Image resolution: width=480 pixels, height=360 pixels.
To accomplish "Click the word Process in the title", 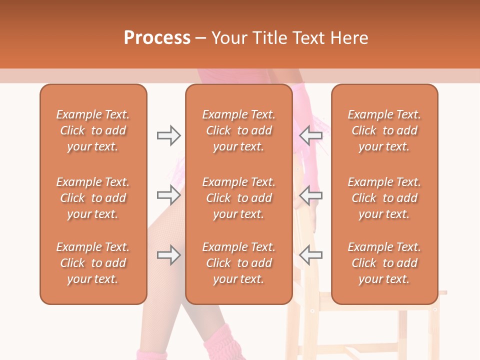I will (x=157, y=38).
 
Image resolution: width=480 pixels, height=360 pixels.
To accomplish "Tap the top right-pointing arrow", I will (x=168, y=135).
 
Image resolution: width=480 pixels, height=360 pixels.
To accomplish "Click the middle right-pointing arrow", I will (x=168, y=194).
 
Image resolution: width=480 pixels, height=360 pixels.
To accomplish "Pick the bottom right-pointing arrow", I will (x=168, y=255).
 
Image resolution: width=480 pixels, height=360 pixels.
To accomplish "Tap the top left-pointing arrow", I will (x=310, y=135).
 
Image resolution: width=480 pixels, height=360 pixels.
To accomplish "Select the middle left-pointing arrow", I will (x=310, y=194).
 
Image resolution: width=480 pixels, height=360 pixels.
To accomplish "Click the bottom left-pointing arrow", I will (x=310, y=255).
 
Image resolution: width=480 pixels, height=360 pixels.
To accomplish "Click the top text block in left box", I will (x=93, y=130).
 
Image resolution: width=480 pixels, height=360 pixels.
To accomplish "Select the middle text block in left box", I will (x=93, y=198).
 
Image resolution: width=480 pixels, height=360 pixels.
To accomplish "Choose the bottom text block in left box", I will (x=93, y=263).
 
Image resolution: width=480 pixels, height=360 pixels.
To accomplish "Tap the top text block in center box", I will (x=238, y=130).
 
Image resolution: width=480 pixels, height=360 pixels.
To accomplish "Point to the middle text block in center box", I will (x=238, y=198).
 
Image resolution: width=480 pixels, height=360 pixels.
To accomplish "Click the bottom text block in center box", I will (x=238, y=263).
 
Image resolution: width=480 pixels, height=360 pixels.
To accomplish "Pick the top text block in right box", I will (x=384, y=130).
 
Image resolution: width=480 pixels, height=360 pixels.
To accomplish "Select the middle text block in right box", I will (x=384, y=198).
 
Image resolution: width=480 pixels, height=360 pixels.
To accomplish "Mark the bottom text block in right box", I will (x=384, y=263).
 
